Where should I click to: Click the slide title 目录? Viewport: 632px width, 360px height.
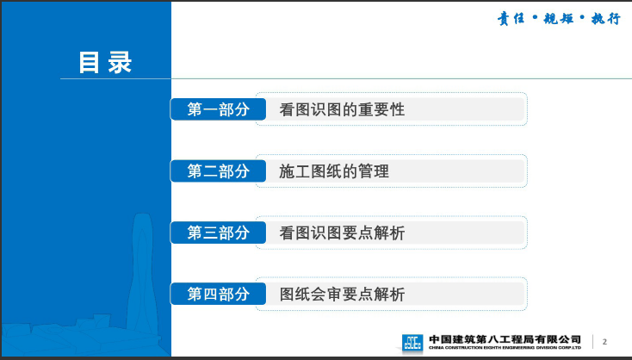click(105, 63)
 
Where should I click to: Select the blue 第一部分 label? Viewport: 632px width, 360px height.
click(218, 109)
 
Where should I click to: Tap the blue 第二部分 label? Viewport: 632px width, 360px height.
click(218, 171)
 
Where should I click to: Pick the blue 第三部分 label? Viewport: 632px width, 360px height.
click(218, 233)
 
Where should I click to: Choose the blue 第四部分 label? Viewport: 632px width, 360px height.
click(218, 294)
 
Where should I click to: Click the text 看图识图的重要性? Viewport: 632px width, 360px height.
click(342, 109)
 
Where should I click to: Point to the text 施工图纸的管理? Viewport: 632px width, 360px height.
click(334, 171)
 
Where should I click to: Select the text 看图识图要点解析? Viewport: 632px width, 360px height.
click(342, 233)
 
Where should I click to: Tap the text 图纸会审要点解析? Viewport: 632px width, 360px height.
click(342, 295)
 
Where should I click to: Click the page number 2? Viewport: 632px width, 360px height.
click(604, 342)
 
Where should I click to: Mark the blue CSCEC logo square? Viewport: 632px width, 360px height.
click(412, 342)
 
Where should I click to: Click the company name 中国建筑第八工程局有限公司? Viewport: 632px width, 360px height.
click(505, 339)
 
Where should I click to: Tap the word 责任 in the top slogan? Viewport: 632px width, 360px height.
click(511, 19)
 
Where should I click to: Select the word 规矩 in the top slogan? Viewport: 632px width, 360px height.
click(558, 19)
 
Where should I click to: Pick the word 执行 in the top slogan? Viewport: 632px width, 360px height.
click(606, 19)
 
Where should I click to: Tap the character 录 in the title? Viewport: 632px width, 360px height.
click(120, 63)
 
